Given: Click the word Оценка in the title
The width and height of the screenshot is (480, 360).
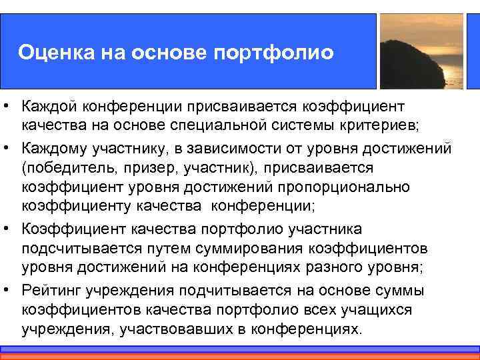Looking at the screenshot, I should pyautogui.click(x=51, y=51).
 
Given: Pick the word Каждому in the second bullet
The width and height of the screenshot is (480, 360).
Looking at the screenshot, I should pyautogui.click(x=55, y=147).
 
